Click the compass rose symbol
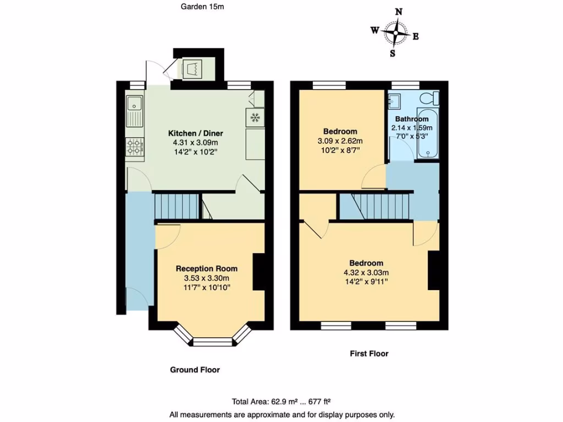[395, 33]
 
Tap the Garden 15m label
[202, 7]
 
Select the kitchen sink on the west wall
[134, 109]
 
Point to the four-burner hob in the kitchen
[135, 146]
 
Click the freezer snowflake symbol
[255, 117]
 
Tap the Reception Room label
[207, 269]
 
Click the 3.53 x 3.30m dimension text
[207, 279]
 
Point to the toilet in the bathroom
[429, 98]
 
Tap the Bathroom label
[411, 119]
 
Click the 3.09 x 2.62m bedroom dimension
[340, 141]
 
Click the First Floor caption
[369, 353]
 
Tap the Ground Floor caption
[195, 370]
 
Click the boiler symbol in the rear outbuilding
[193, 69]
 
